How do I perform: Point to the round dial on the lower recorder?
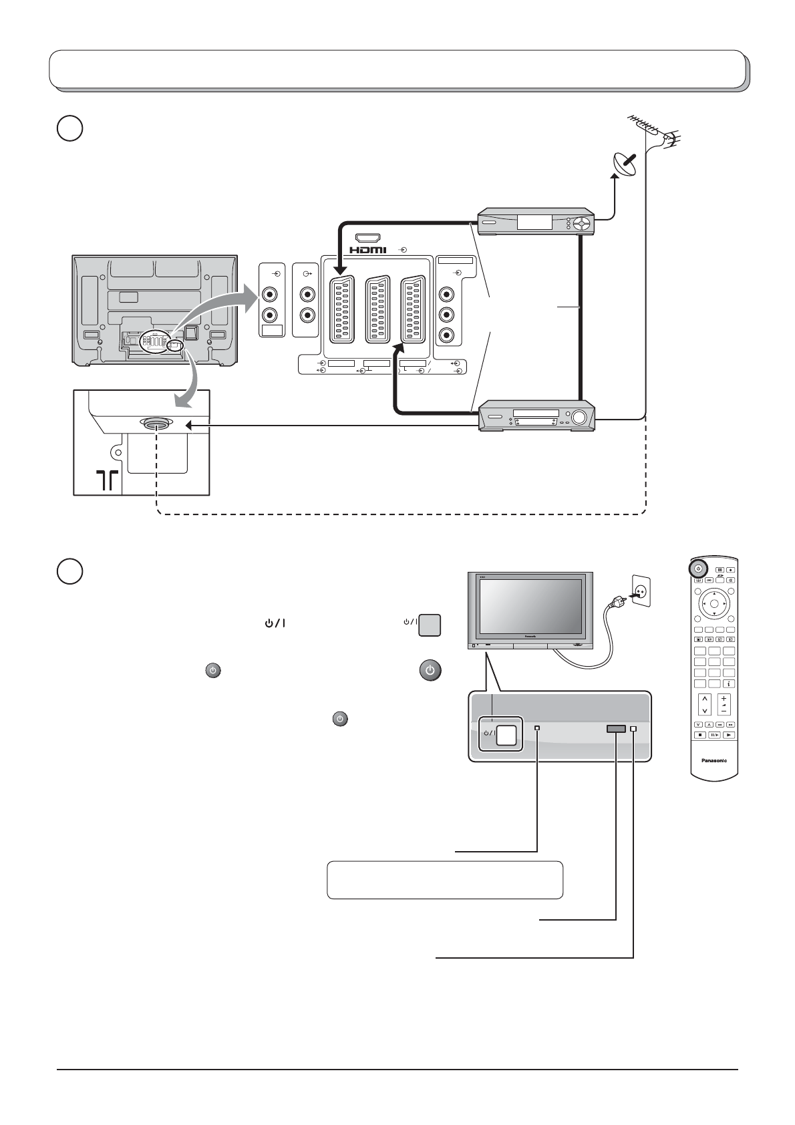point(579,418)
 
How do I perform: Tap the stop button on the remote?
point(700,735)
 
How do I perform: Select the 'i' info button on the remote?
point(728,683)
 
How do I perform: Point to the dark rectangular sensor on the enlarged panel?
point(615,729)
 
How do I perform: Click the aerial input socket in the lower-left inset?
point(157,424)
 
